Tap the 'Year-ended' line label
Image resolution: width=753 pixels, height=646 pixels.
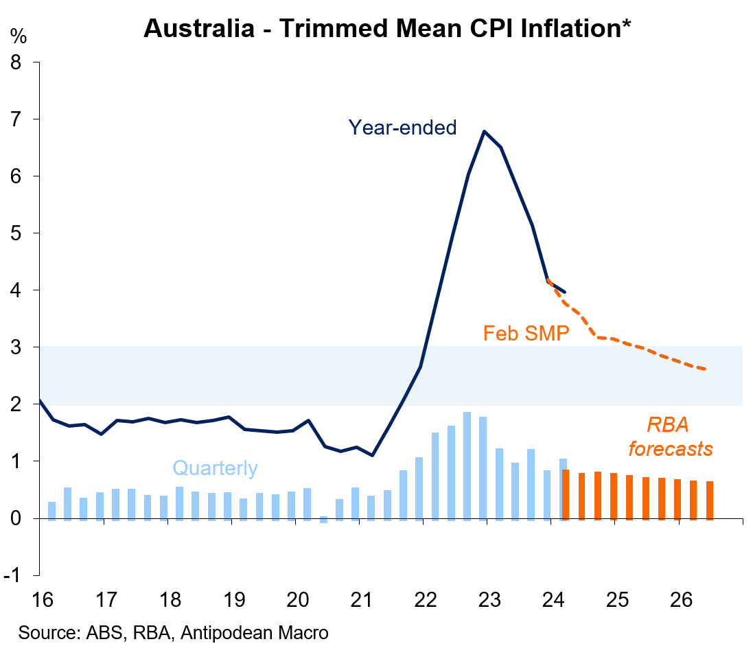coord(402,127)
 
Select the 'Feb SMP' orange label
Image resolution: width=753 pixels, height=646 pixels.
coord(526,334)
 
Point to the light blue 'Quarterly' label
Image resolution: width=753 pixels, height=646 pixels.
coord(215,469)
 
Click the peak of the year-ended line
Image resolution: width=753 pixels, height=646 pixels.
coord(485,131)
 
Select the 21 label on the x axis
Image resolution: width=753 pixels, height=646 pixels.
coord(361,601)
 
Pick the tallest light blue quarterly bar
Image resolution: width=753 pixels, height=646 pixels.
coord(467,465)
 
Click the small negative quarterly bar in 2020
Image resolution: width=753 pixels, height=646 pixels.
coord(323,520)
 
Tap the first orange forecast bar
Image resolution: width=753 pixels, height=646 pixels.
coord(565,494)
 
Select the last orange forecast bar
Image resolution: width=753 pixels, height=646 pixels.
coord(709,500)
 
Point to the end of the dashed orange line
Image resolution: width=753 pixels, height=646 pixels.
coord(706,369)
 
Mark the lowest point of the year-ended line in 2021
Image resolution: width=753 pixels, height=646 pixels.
coord(372,455)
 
